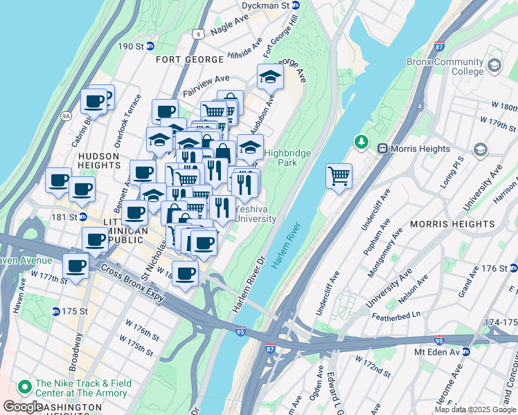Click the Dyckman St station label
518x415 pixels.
tap(265, 6)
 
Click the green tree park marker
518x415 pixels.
tap(360, 142)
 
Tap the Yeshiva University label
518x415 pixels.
tap(255, 214)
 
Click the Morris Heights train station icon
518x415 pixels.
tap(382, 148)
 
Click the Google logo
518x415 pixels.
tap(23, 407)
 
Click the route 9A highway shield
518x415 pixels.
tap(66, 116)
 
